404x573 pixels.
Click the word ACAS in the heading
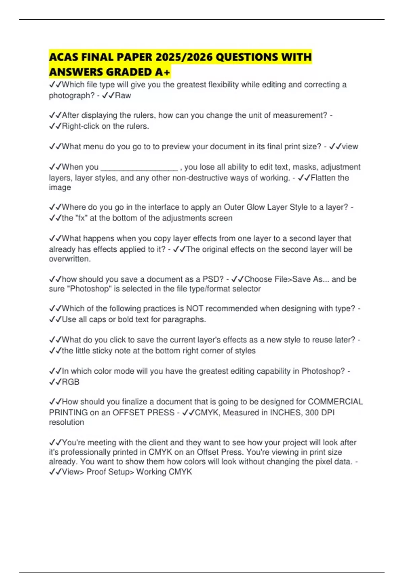click(64, 57)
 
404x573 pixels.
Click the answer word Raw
click(123, 95)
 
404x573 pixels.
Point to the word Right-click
click(80, 126)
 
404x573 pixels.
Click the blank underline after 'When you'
click(139, 167)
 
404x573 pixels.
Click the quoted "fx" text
click(81, 218)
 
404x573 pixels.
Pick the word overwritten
click(70, 259)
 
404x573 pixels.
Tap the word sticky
click(102, 351)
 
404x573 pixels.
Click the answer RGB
click(71, 382)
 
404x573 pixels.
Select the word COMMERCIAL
click(335, 401)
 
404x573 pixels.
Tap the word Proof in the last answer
click(96, 472)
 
